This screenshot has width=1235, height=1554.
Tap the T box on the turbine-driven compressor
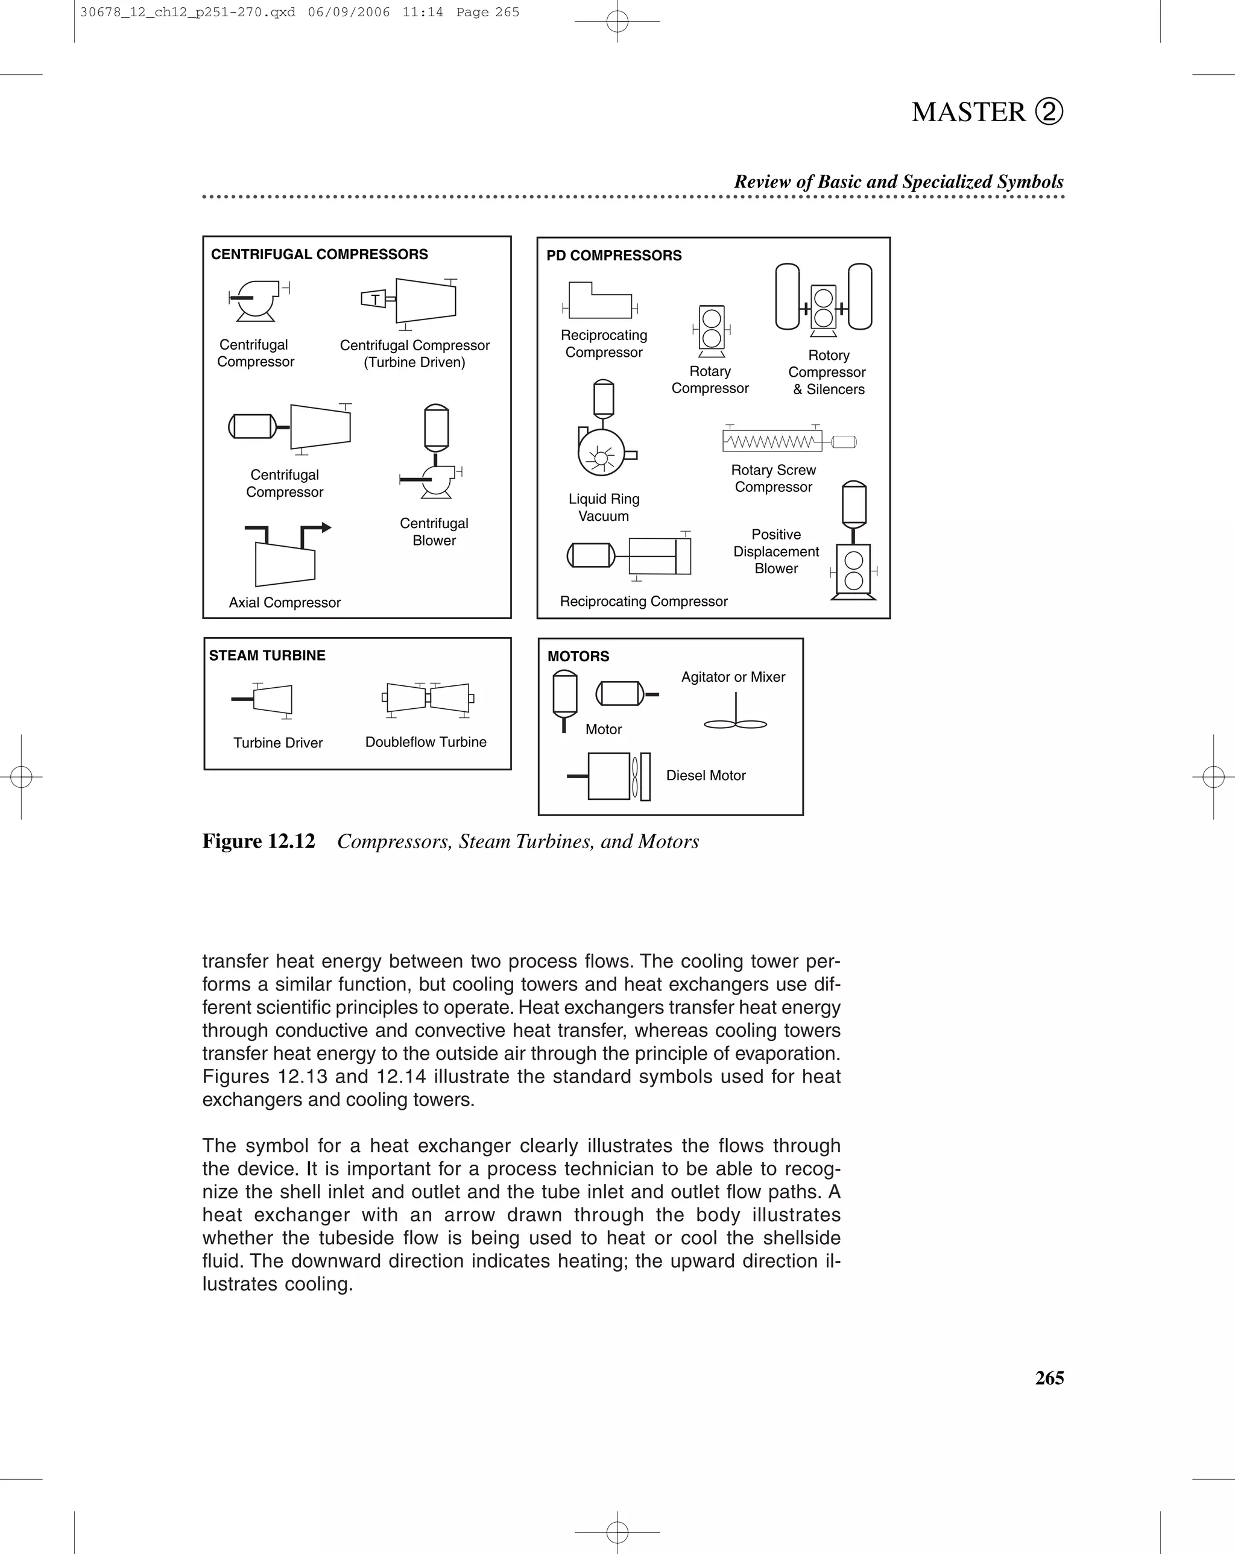(374, 299)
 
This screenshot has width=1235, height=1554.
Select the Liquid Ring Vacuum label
(604, 508)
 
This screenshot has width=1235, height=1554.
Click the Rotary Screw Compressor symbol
(789, 441)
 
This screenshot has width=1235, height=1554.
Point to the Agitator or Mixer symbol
(735, 714)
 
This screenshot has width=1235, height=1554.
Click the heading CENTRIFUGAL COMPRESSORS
(320, 254)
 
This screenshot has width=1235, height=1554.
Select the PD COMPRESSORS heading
(613, 256)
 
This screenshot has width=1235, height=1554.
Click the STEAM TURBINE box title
(267, 655)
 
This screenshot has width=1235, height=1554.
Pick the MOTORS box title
(578, 656)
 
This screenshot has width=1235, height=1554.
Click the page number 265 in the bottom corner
(1049, 1378)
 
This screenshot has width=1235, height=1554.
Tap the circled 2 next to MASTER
(1049, 112)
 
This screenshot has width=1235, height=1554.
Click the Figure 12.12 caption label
(259, 841)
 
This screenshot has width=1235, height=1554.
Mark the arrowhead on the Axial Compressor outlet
(327, 527)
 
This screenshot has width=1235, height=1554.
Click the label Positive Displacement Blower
(775, 552)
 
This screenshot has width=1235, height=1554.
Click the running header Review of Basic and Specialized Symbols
(899, 181)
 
